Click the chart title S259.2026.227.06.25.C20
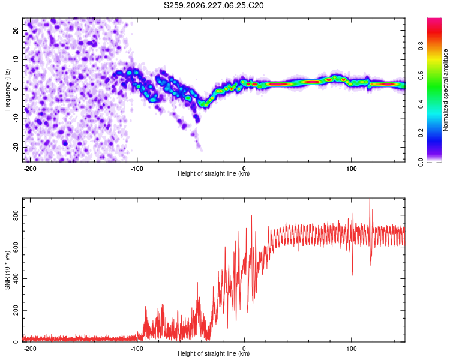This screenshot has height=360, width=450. pos(214,5)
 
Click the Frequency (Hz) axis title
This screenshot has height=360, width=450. pos(7,90)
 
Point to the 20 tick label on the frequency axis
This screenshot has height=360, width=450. pos(16,30)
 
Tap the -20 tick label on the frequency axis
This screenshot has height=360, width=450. pos(16,148)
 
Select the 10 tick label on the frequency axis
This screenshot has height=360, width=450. pos(16,59)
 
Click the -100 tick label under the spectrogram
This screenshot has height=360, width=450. pos(137,169)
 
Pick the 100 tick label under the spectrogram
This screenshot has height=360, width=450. pos(351,169)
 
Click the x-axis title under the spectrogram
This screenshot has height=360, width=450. pos(214,173)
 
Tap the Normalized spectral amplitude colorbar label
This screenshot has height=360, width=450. pos(445,90)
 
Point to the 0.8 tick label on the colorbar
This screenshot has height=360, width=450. pos(421,46)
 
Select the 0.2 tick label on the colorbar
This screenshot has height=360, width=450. pos(421,133)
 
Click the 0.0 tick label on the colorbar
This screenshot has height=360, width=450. pos(421,162)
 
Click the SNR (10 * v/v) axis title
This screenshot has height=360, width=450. pos(7,270)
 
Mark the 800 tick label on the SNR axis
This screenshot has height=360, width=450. pos(16,215)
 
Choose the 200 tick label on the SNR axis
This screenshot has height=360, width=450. pos(16,310)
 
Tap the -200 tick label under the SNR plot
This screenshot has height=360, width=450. pos(30,349)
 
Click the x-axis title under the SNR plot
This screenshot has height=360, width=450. pos(214,353)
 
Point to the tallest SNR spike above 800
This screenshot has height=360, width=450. pos(370,199)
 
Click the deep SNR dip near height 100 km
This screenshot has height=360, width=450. pos(352,274)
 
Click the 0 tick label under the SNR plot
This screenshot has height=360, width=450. pos(244,349)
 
